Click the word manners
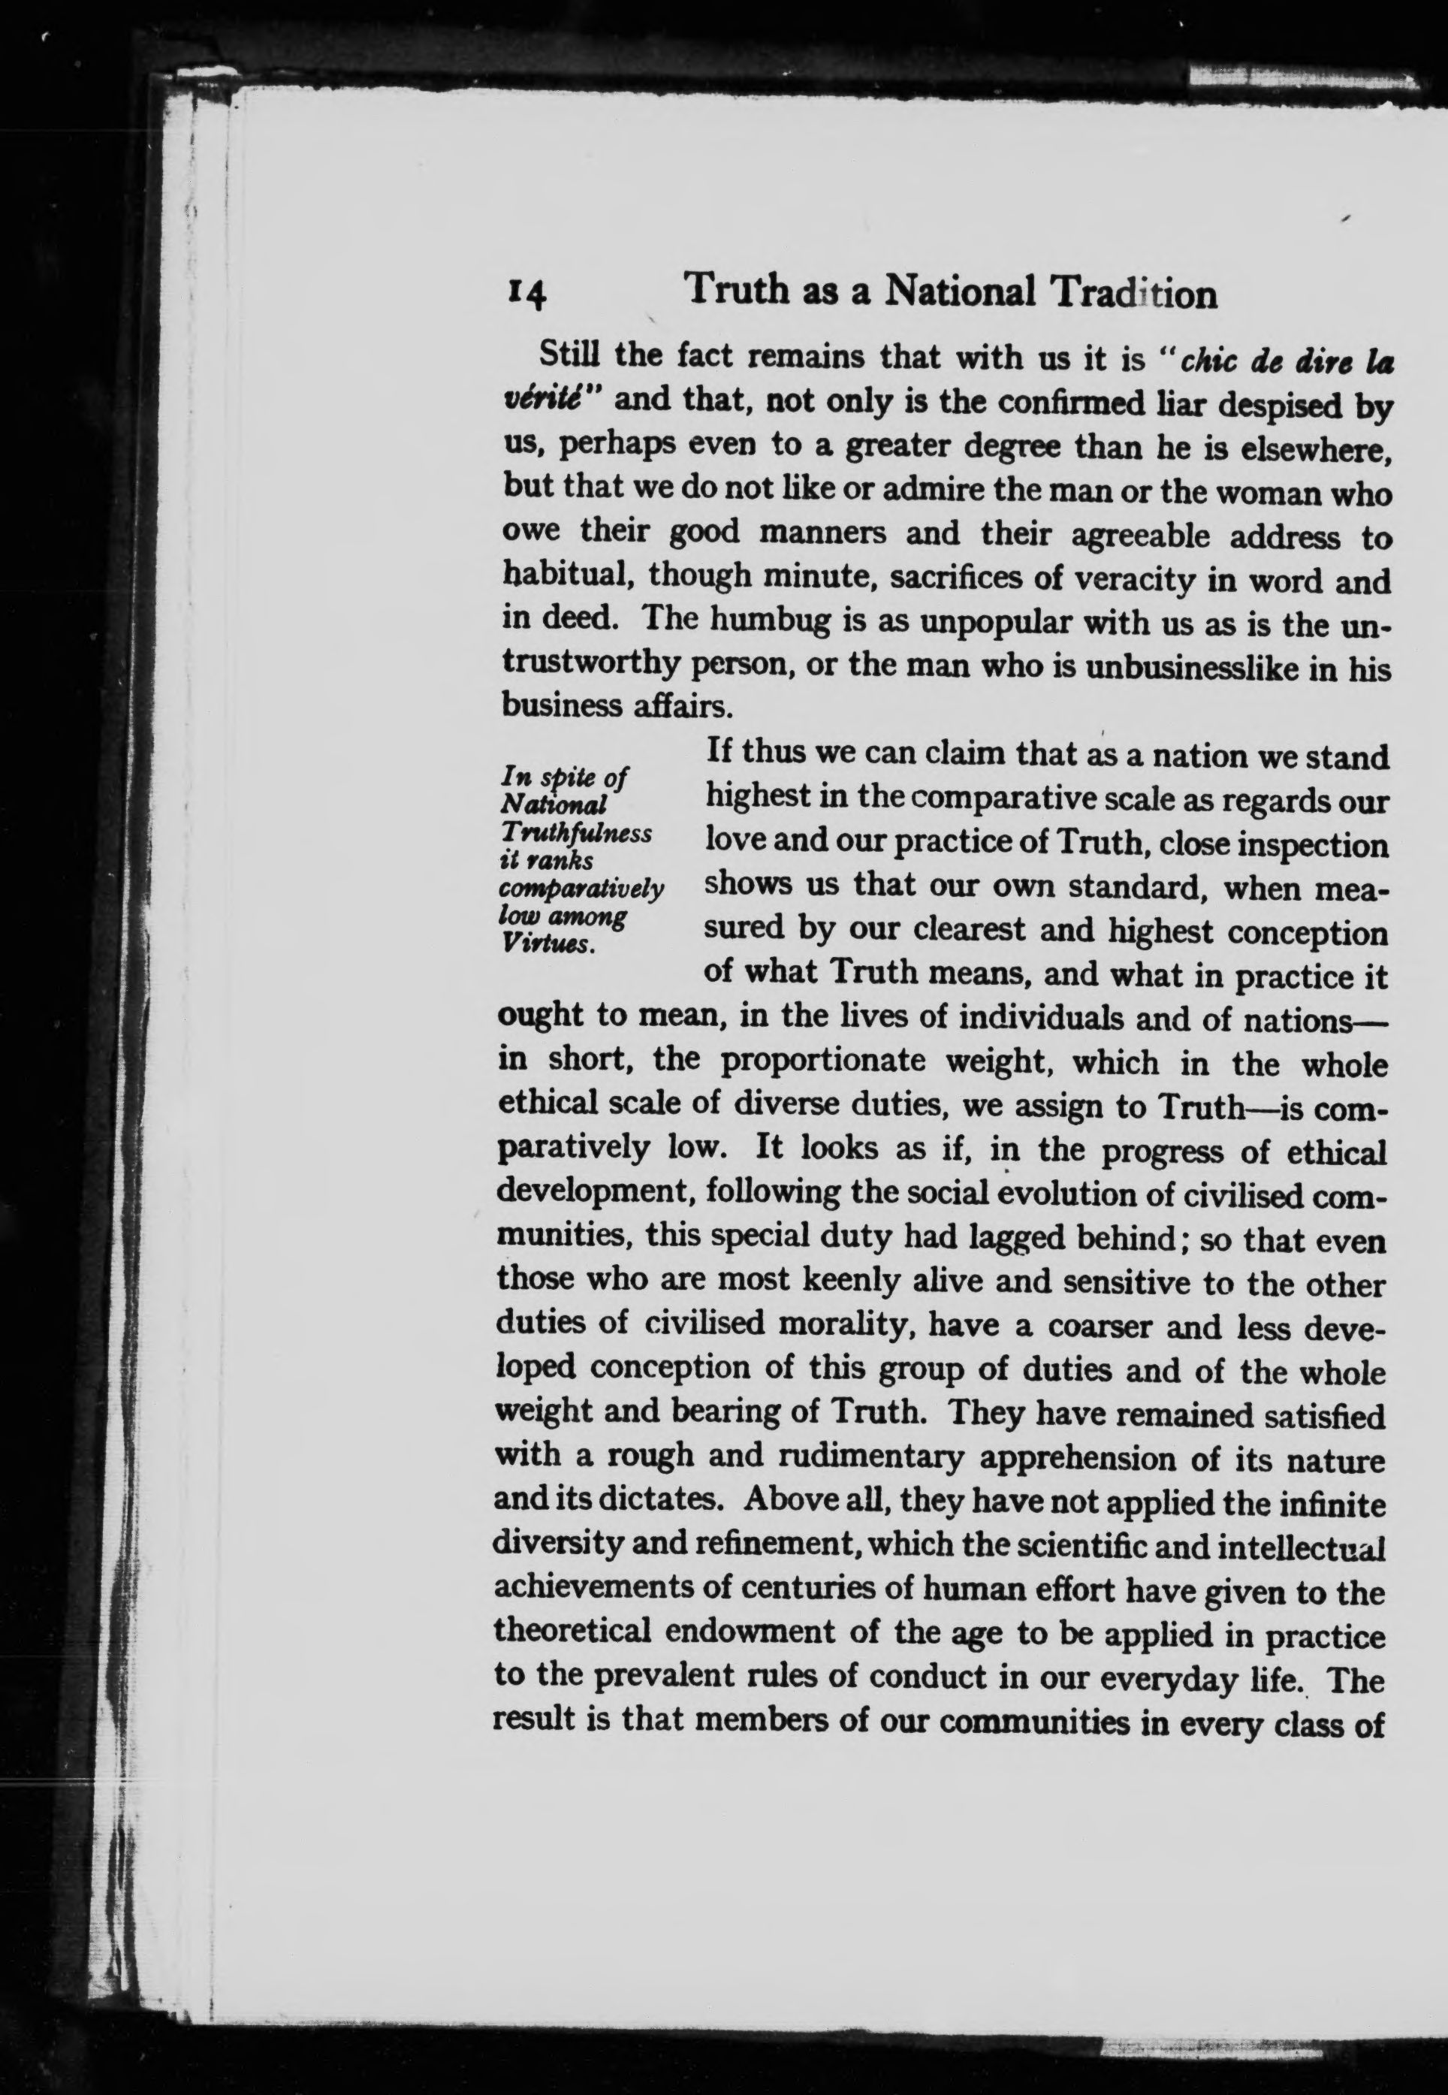tap(822, 533)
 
